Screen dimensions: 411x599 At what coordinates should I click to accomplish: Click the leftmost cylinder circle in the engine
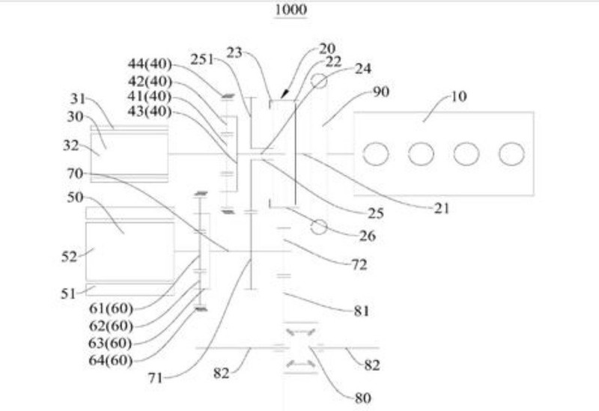coord(375,154)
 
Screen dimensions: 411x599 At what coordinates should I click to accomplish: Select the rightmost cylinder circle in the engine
coord(511,154)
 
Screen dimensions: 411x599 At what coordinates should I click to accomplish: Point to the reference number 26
coord(367,237)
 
